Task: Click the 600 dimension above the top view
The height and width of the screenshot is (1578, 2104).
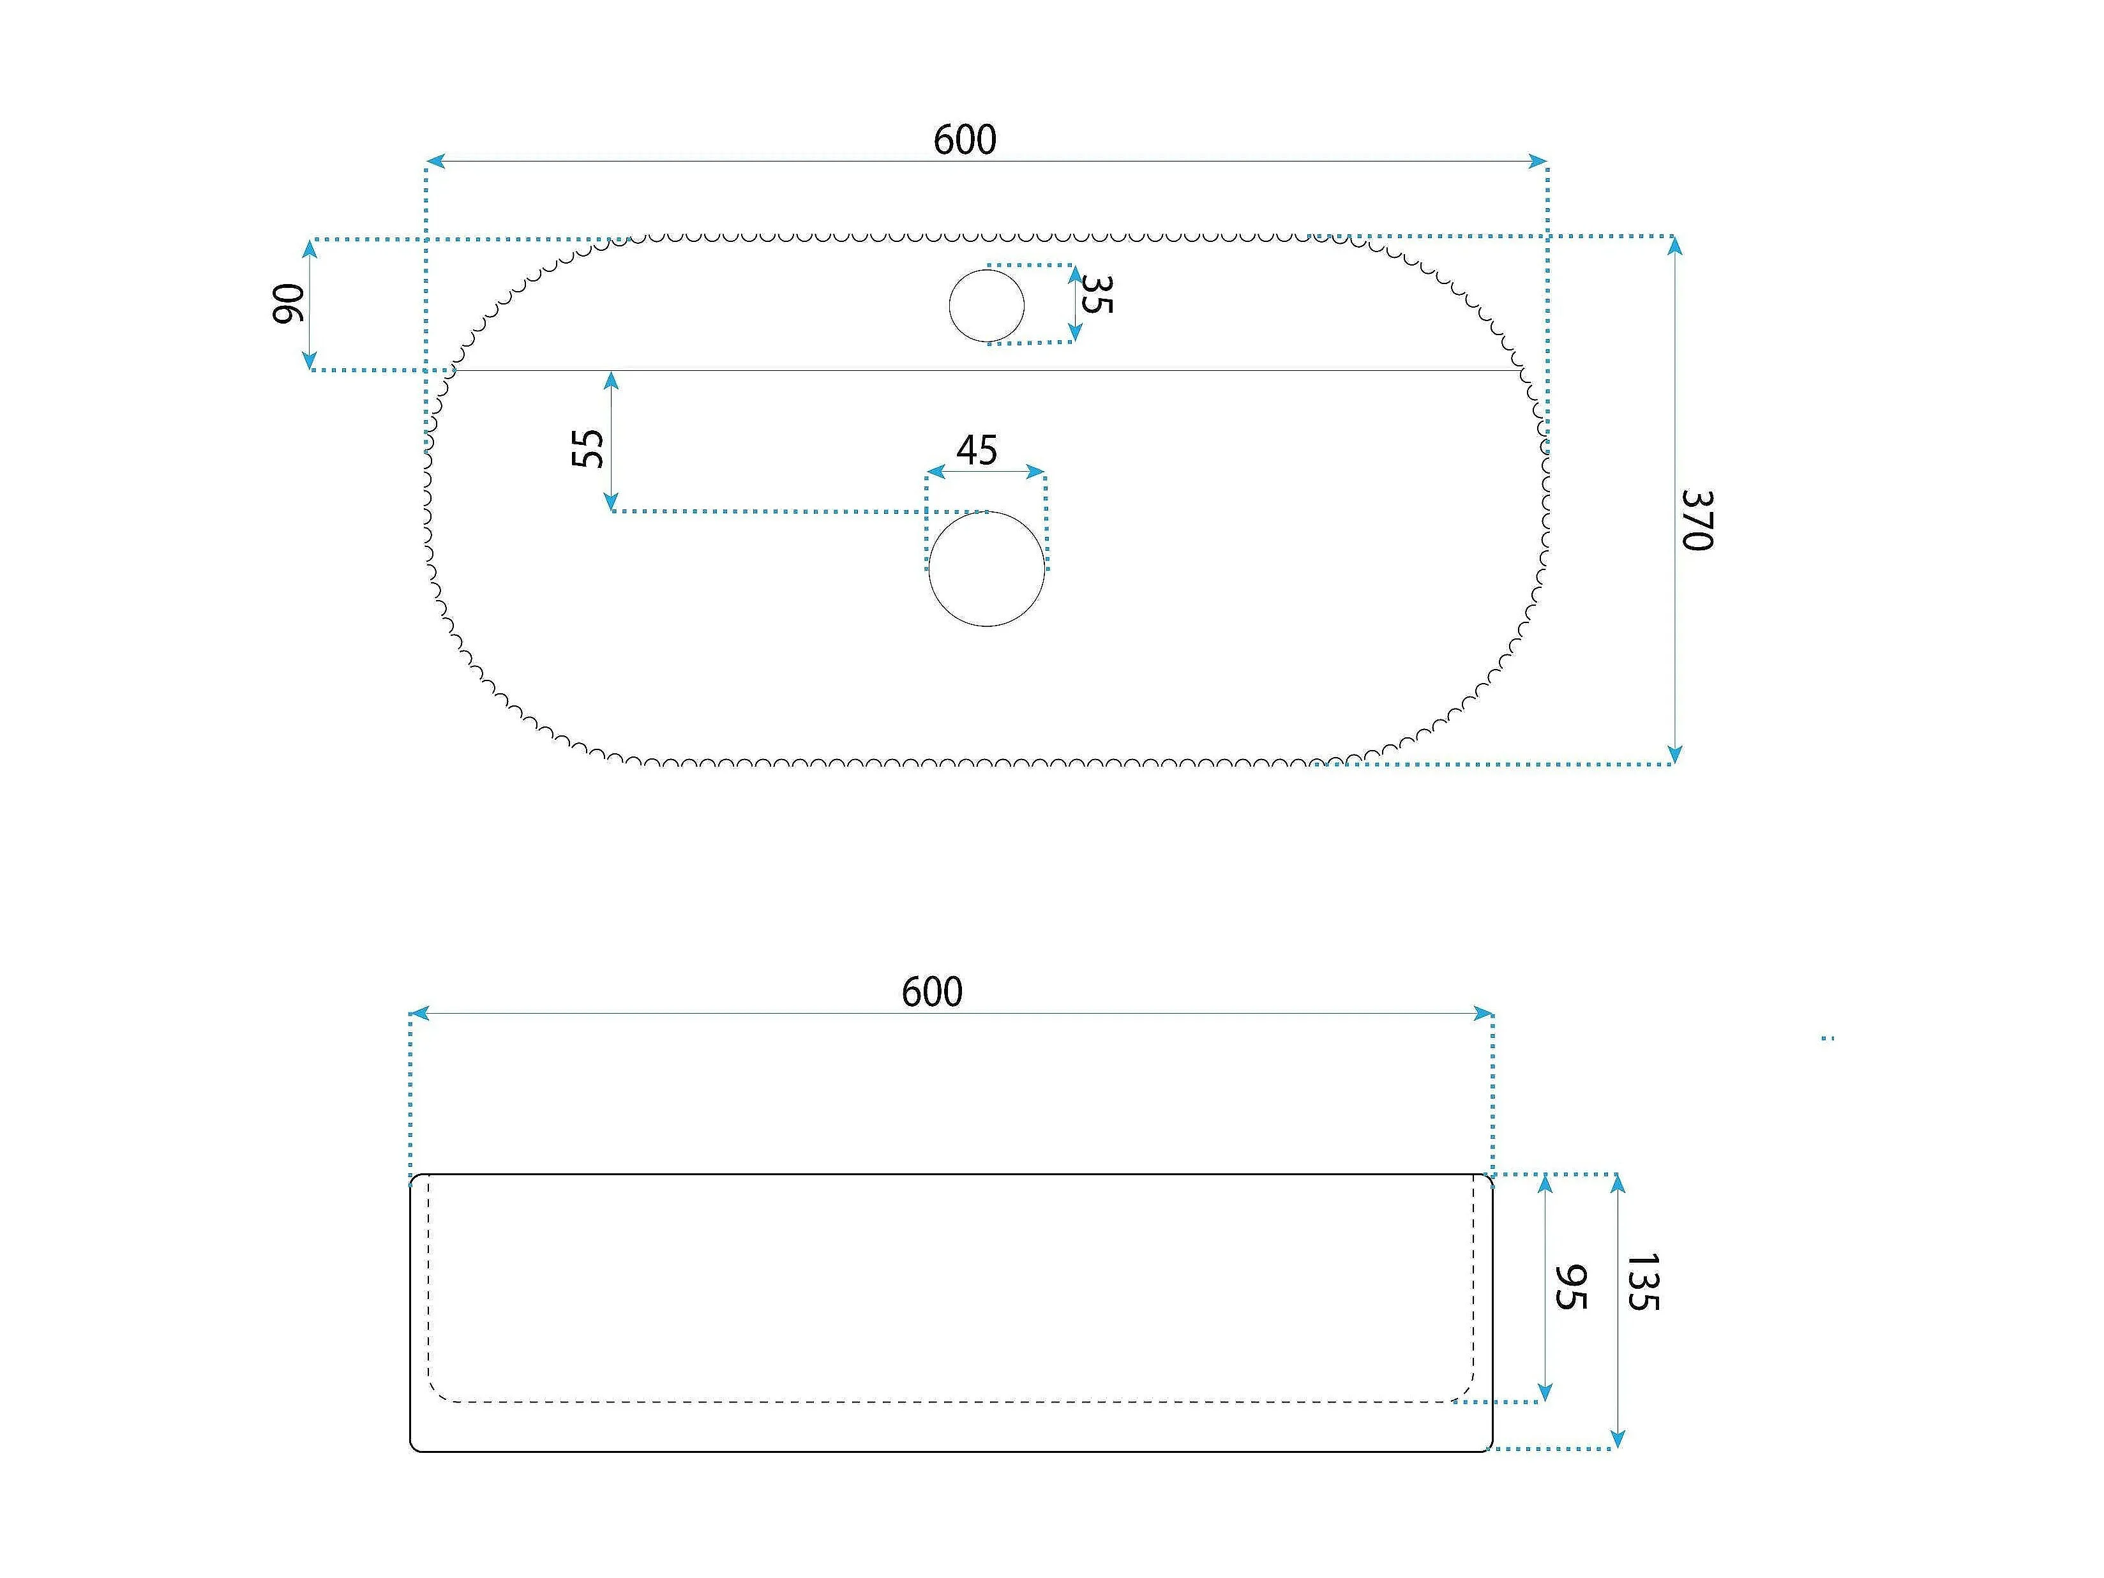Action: (965, 140)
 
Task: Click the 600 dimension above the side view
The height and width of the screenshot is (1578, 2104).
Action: (932, 992)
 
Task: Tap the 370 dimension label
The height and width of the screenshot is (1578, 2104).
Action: (1697, 520)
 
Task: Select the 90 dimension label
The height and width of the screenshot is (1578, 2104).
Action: (289, 303)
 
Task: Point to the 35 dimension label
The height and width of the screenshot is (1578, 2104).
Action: (1096, 294)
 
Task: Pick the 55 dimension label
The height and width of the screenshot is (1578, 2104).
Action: (588, 448)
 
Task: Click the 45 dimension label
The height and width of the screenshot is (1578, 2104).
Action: (977, 451)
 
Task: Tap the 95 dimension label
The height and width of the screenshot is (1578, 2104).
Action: (1570, 1287)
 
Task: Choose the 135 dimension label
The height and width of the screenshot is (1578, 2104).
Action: (1642, 1282)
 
